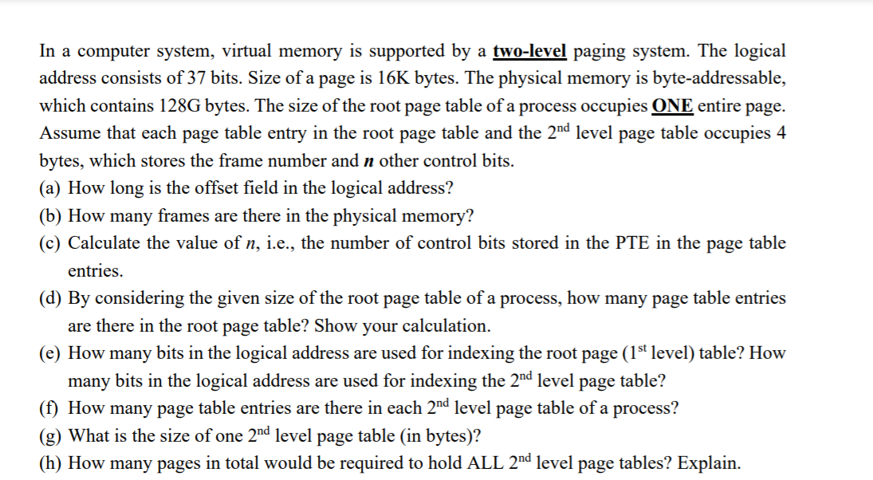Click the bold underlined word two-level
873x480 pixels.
click(x=530, y=51)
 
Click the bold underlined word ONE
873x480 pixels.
click(x=672, y=106)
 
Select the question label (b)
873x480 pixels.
click(x=52, y=215)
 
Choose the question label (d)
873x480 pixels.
click(x=52, y=298)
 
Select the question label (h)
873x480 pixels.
click(x=52, y=462)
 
